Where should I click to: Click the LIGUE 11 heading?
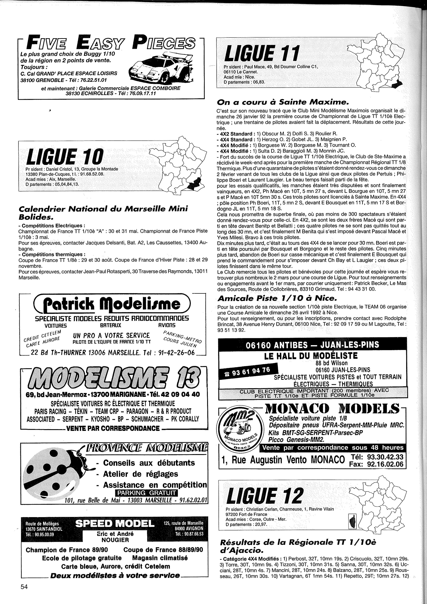pos(261,53)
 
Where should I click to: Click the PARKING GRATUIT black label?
pos(146,493)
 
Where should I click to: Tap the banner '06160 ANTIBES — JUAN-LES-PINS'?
pos(312,345)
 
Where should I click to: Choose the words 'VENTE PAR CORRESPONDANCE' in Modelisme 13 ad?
pos(113,428)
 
